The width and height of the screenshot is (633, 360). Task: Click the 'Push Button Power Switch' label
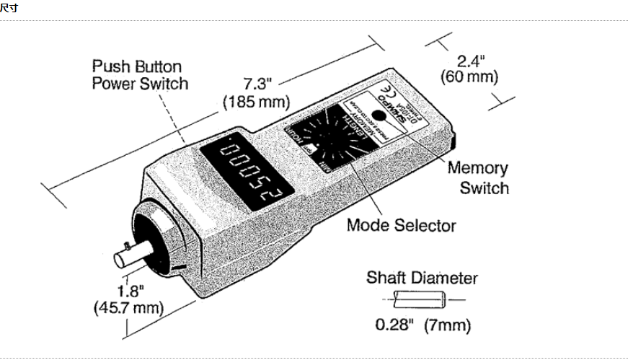[139, 75]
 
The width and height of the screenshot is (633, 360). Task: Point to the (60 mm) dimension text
[469, 77]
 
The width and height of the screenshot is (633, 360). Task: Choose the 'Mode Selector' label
[401, 225]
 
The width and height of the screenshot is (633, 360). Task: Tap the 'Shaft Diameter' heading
[422, 278]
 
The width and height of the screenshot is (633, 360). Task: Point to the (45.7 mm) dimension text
[128, 308]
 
